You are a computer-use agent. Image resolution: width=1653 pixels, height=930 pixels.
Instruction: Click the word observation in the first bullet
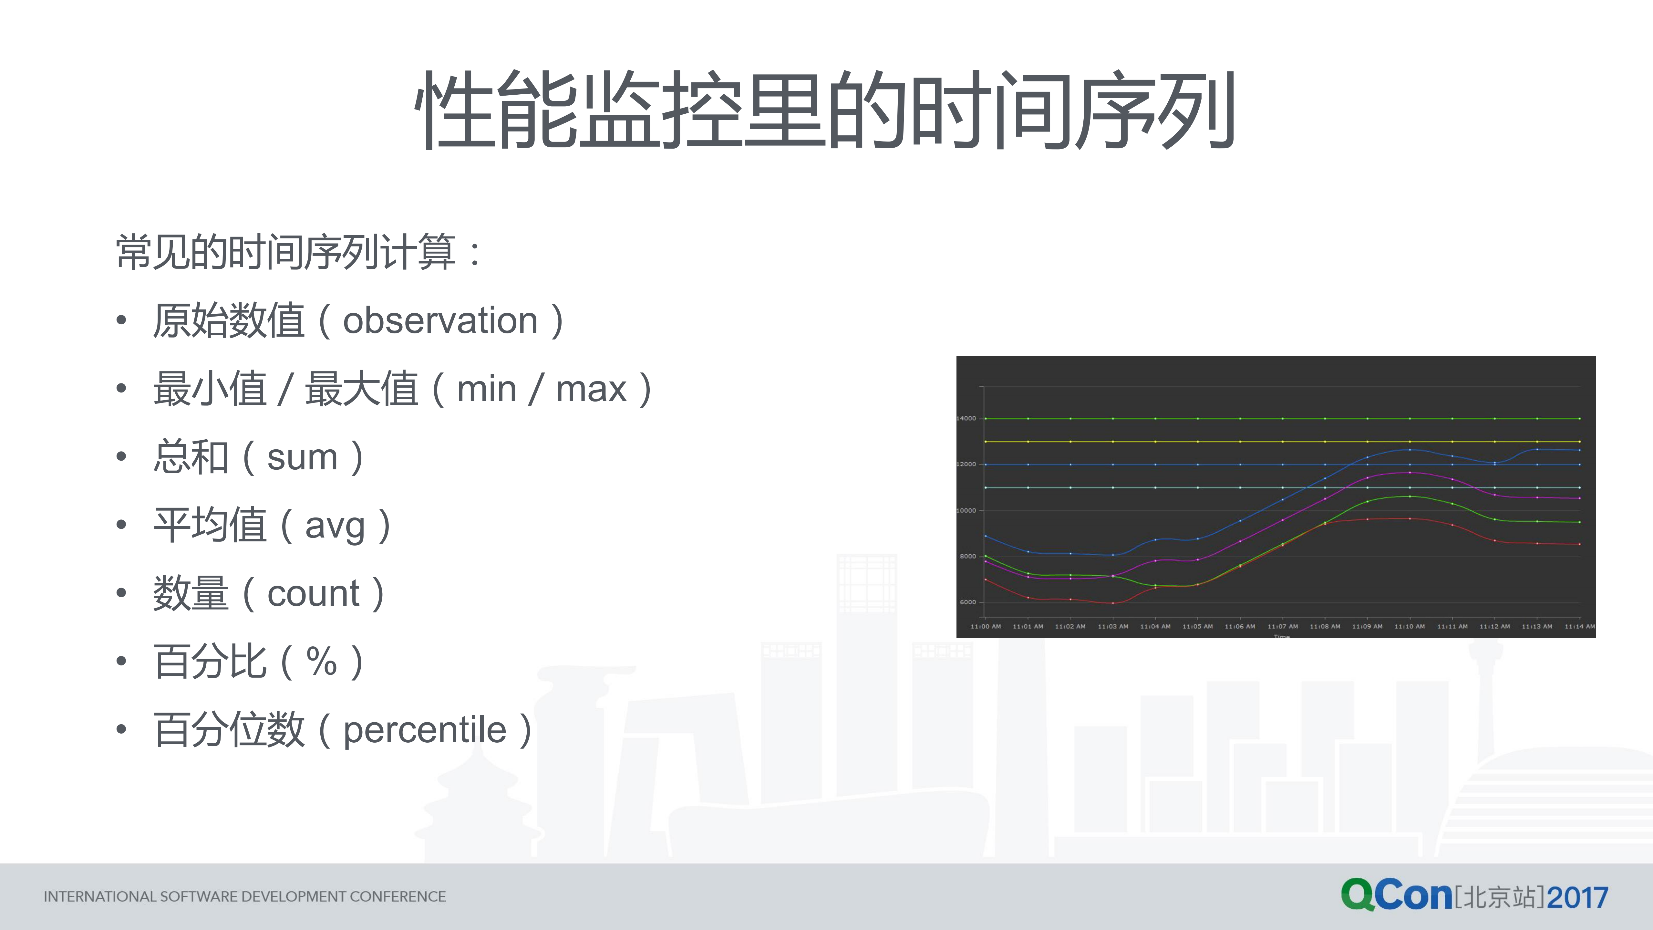[440, 321]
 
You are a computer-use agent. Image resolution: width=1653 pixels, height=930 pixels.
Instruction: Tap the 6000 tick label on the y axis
[968, 602]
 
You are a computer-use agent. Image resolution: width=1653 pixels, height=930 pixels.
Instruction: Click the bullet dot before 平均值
[121, 525]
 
